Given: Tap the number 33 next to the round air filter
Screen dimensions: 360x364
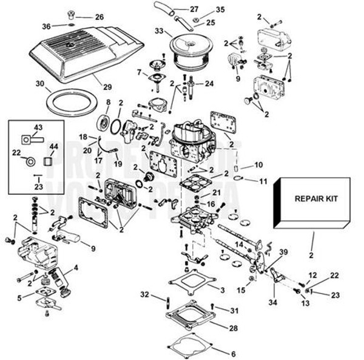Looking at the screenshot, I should (x=159, y=30).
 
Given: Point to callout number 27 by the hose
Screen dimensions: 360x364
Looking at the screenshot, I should (x=194, y=9).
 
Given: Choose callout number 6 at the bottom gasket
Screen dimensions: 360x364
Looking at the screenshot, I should (x=234, y=353).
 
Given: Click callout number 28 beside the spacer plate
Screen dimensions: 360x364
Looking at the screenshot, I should (x=234, y=328).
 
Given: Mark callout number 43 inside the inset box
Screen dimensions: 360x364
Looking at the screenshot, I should (x=38, y=127).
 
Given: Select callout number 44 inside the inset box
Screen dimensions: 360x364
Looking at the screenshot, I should (x=53, y=147).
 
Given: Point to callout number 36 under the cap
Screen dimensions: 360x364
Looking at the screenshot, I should (x=47, y=25).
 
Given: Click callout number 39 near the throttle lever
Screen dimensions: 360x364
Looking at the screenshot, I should (x=284, y=252).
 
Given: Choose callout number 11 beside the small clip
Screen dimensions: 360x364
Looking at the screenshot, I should (x=263, y=181).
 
